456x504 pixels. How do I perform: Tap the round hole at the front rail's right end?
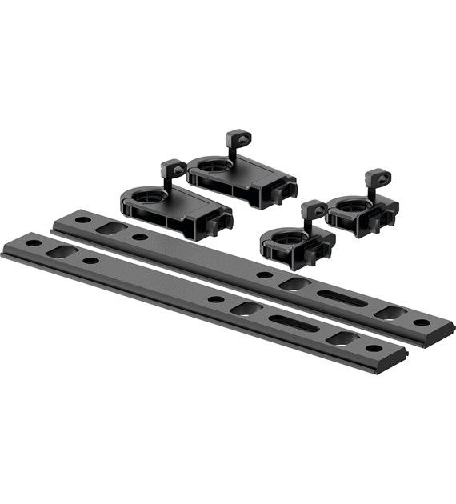click(x=373, y=349)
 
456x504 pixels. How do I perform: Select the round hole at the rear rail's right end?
click(x=421, y=322)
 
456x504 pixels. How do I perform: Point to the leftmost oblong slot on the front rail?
click(x=62, y=251)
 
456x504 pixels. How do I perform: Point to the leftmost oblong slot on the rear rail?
click(x=111, y=228)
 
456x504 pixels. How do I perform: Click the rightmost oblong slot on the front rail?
click(x=342, y=338)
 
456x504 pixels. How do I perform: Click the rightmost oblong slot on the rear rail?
click(x=390, y=313)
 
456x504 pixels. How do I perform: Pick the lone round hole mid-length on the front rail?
click(x=216, y=299)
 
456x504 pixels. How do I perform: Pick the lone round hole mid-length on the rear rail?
click(x=264, y=274)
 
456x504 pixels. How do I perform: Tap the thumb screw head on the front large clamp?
click(x=173, y=169)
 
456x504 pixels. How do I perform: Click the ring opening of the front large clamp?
click(x=145, y=193)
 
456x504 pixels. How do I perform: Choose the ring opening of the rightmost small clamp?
click(x=350, y=205)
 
